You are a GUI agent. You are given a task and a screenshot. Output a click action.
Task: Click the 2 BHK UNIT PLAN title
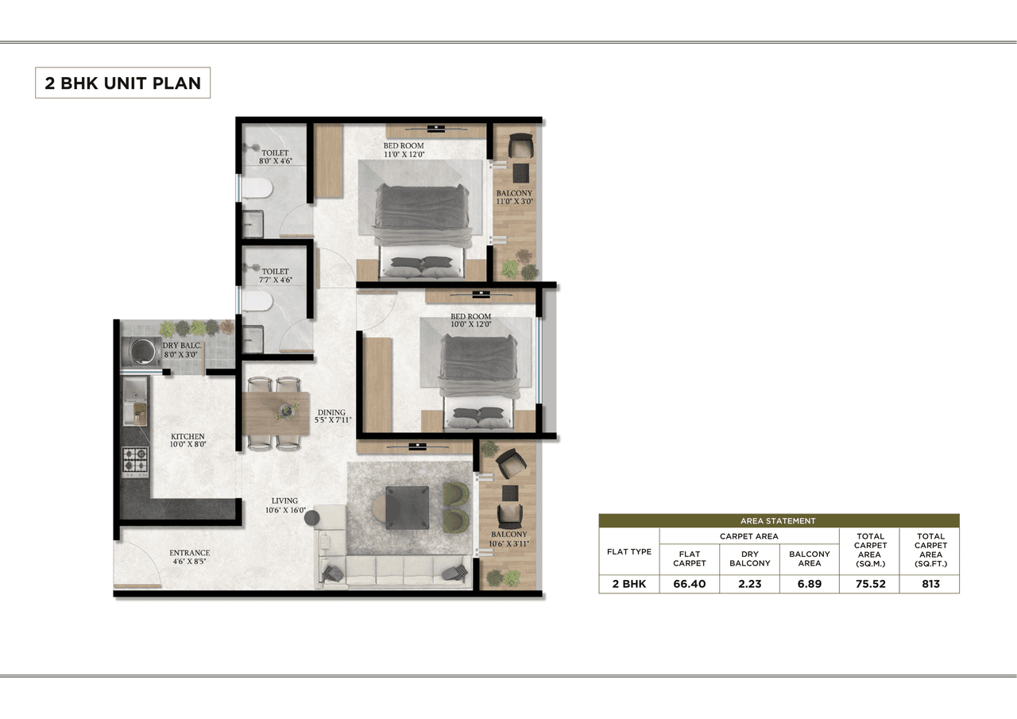click(122, 83)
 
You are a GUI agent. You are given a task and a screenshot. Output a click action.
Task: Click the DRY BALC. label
click(182, 346)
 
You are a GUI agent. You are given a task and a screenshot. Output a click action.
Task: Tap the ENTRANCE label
click(189, 553)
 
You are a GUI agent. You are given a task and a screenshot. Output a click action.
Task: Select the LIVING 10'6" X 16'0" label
click(284, 506)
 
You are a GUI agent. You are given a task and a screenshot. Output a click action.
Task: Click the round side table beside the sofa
click(311, 517)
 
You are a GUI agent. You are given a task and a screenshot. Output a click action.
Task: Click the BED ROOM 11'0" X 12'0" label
click(404, 150)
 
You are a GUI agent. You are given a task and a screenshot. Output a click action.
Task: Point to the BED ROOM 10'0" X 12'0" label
click(471, 321)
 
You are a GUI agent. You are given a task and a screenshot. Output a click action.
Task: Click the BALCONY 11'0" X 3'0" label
click(514, 198)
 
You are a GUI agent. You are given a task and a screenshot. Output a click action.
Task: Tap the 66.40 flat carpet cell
click(689, 584)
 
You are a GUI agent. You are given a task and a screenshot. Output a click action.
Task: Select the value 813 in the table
click(930, 584)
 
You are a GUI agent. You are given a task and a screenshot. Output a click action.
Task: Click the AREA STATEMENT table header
click(778, 521)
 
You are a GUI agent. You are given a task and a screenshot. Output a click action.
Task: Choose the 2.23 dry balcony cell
click(749, 584)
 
